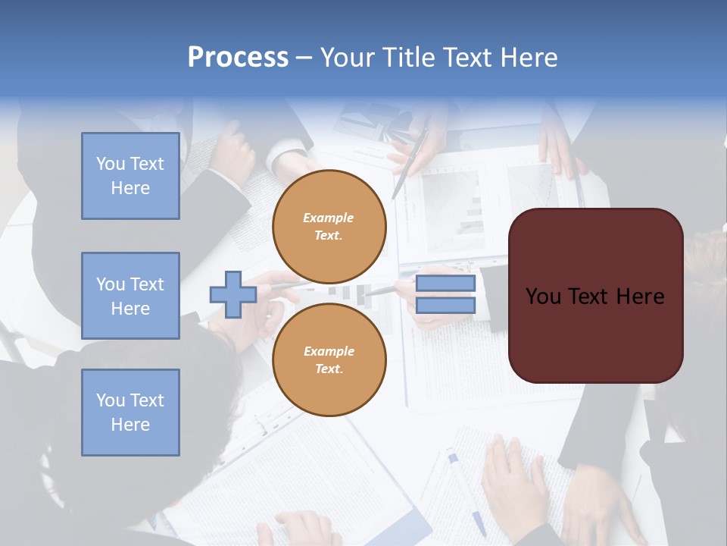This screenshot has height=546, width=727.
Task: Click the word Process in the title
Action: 238,57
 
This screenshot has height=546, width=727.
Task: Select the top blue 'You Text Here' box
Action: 130,176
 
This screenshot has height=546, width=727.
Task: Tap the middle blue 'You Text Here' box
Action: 130,296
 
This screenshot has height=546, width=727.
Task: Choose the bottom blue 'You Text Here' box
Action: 130,413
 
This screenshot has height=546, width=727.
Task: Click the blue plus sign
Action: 233,294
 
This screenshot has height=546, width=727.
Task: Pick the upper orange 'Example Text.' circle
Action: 329,227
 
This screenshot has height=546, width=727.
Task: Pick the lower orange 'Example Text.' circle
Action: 329,359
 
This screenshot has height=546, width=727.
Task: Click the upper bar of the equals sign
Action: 445,284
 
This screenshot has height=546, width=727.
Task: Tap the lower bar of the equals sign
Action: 445,305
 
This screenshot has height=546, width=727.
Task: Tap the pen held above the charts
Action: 410,164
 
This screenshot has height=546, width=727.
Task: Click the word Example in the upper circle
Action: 329,218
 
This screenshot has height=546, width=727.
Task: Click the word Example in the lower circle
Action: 329,351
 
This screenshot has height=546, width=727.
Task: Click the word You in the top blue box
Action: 110,164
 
